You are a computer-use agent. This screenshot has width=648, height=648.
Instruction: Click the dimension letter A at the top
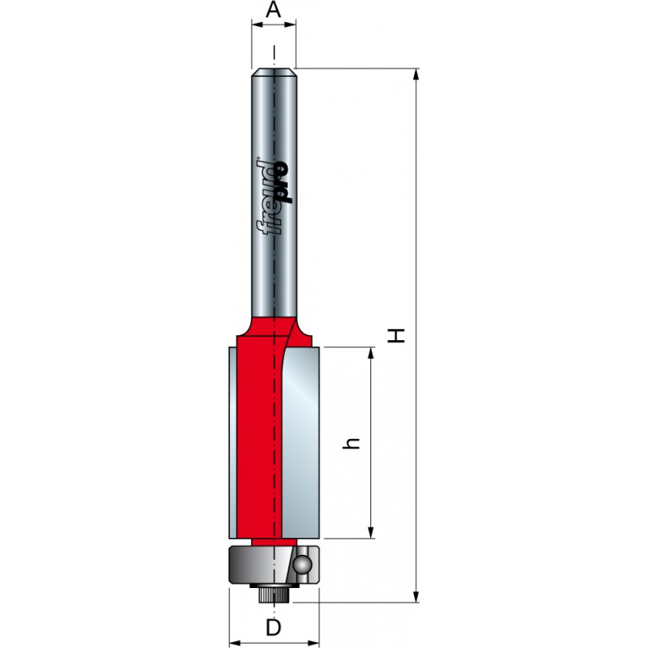pos(273,10)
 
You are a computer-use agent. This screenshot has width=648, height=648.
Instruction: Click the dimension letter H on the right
pos(396,335)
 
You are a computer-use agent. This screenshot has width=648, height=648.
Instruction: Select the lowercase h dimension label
pos(352,443)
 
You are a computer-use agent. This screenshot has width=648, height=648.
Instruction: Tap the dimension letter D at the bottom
pos(273,628)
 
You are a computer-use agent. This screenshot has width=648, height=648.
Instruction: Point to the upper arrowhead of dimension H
pos(416,75)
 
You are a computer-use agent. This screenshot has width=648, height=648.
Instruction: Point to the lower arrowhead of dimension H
pos(416,596)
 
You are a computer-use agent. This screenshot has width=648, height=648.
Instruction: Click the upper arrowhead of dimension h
pos(371,354)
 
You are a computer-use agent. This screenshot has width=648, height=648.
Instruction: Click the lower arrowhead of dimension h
pos(371,532)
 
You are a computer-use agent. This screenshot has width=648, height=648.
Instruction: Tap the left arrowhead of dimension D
pos(236,643)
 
